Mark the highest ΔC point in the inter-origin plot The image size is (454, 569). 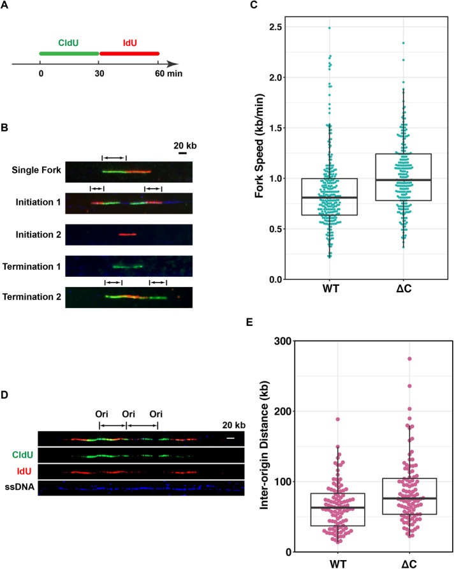coord(402,359)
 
